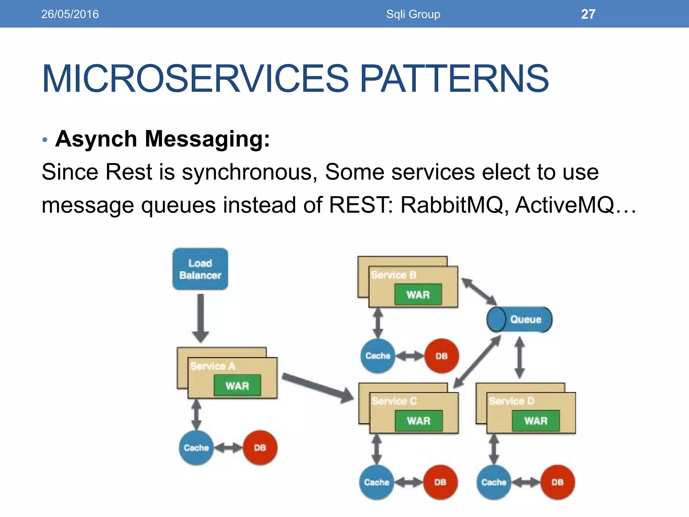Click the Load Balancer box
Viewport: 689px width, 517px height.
click(200, 269)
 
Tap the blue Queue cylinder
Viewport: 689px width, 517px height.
click(519, 319)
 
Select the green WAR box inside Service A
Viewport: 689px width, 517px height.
click(238, 385)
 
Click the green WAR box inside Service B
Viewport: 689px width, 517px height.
click(418, 295)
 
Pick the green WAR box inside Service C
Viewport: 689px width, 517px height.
click(419, 421)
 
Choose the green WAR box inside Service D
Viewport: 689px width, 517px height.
click(536, 421)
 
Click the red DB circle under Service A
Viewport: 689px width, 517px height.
click(260, 448)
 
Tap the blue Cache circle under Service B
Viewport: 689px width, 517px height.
click(377, 356)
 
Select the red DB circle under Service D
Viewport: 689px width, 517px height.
click(557, 482)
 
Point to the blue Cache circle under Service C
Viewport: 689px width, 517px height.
click(376, 482)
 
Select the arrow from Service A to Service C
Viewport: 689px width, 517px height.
click(317, 387)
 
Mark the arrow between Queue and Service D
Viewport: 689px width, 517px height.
click(520, 357)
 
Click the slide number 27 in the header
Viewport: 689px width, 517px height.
click(588, 14)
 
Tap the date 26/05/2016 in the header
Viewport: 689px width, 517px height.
click(70, 14)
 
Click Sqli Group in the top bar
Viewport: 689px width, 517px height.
click(413, 14)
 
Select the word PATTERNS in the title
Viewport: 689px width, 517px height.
click(454, 79)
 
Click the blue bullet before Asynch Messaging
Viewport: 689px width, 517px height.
click(45, 139)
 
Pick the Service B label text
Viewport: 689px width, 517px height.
click(394, 275)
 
